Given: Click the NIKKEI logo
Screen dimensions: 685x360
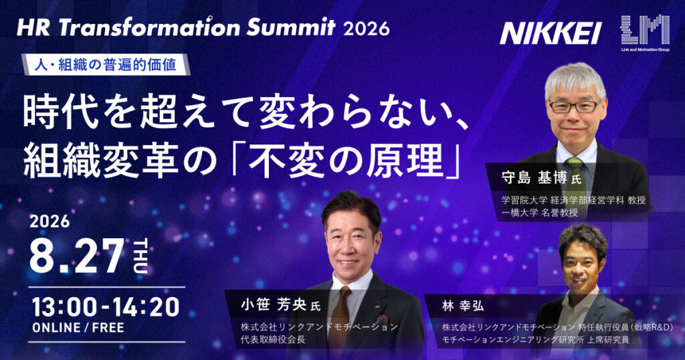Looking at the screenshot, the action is (x=551, y=33).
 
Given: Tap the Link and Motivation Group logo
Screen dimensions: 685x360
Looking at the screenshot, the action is (x=645, y=32).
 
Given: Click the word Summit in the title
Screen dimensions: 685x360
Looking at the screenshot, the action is (x=290, y=28).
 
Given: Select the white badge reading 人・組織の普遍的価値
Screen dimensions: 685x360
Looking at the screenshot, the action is (x=106, y=64).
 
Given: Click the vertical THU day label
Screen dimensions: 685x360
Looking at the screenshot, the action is (x=140, y=256).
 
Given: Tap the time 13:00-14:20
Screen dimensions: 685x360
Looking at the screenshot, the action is (x=106, y=306).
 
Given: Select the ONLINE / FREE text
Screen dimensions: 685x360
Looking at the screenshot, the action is (x=78, y=328).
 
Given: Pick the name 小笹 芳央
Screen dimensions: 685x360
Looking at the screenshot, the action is (x=273, y=304).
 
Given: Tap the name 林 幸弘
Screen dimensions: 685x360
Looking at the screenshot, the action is (x=463, y=306).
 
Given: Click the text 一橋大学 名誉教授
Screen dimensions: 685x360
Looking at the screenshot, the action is (x=540, y=213).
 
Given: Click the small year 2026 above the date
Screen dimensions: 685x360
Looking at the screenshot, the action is (x=50, y=221).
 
